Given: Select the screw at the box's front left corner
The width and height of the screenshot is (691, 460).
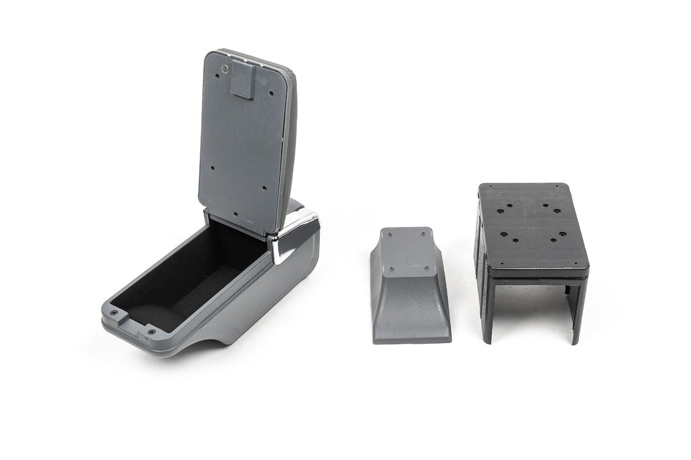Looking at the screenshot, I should click(x=113, y=314).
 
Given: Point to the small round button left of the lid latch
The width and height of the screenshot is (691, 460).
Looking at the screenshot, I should click(x=223, y=69).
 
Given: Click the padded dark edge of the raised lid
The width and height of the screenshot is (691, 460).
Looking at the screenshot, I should click(x=288, y=135).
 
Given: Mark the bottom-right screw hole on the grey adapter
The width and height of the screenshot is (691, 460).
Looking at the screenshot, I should click(x=428, y=267).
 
